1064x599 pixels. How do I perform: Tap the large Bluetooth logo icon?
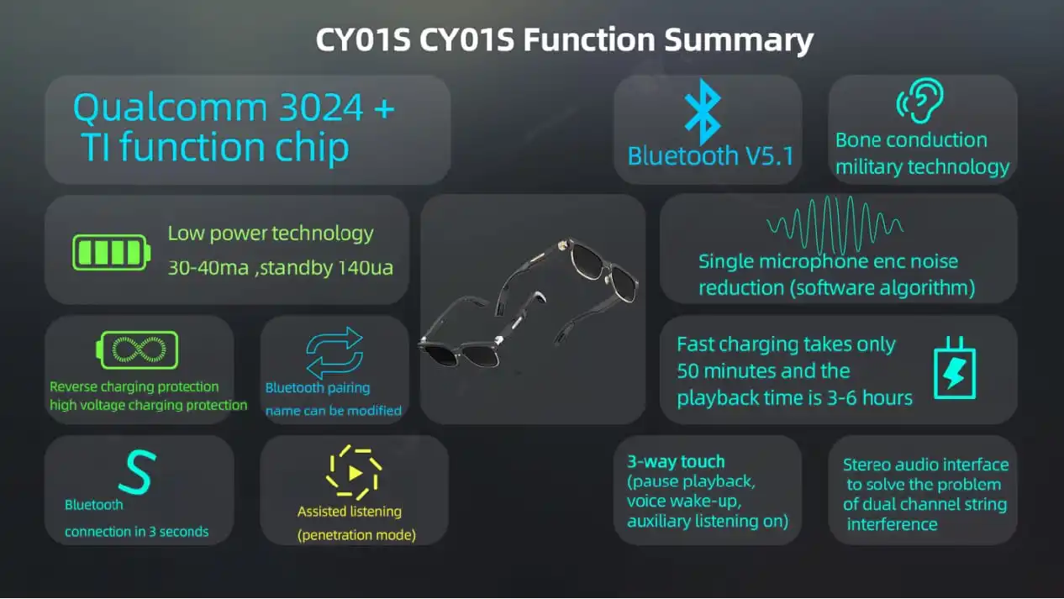click(703, 112)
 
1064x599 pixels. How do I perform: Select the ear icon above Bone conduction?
click(921, 100)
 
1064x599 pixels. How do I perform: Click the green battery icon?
click(112, 253)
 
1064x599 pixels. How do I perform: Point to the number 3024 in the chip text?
click(322, 108)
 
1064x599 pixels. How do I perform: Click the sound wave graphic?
click(835, 225)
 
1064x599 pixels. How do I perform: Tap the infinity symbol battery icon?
click(137, 350)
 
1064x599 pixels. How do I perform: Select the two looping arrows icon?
click(334, 353)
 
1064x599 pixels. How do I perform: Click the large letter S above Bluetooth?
click(137, 472)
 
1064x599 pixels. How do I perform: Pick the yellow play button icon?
click(354, 472)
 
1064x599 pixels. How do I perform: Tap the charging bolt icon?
click(955, 368)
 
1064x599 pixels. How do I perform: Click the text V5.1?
click(770, 156)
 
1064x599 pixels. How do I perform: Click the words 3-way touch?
click(676, 461)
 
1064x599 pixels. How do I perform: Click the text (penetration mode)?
click(356, 535)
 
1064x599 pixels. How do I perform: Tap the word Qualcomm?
click(170, 108)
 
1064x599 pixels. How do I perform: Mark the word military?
click(869, 167)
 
